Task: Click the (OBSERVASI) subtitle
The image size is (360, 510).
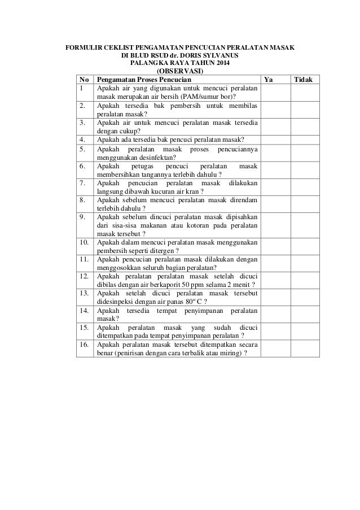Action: pos(180,72)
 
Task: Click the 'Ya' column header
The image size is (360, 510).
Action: pos(269,80)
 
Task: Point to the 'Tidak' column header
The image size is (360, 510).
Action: pos(304,80)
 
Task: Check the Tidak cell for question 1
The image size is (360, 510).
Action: pos(305,93)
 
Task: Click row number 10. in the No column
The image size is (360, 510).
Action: pos(85,242)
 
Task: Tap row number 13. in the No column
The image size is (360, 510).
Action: pos(85,294)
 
